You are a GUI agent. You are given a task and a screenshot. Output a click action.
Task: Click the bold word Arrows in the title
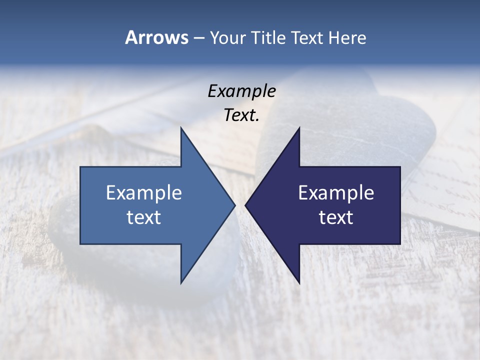coord(156,37)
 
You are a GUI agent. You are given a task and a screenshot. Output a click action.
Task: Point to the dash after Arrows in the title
coord(198,38)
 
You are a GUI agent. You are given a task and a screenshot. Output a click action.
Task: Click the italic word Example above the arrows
coord(241,91)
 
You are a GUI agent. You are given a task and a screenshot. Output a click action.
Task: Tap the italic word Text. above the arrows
coord(241,115)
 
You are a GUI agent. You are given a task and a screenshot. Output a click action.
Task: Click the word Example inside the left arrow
coord(144,193)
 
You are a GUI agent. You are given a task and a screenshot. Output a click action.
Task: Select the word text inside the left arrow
coord(144,217)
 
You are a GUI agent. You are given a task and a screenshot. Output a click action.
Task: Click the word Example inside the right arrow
coord(336,193)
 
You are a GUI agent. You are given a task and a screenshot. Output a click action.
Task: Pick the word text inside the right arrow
coord(336,217)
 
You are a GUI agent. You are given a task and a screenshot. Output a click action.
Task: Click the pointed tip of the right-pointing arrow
coord(234,205)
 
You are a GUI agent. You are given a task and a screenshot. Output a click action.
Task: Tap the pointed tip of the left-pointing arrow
coord(245,205)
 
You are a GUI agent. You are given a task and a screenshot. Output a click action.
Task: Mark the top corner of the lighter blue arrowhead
coord(181,128)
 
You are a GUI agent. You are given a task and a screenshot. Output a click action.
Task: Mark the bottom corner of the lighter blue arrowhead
coord(181,282)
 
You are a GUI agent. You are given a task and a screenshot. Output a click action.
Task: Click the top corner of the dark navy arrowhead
coord(299,128)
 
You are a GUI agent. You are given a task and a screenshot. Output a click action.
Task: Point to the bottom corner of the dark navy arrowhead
coord(299,282)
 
